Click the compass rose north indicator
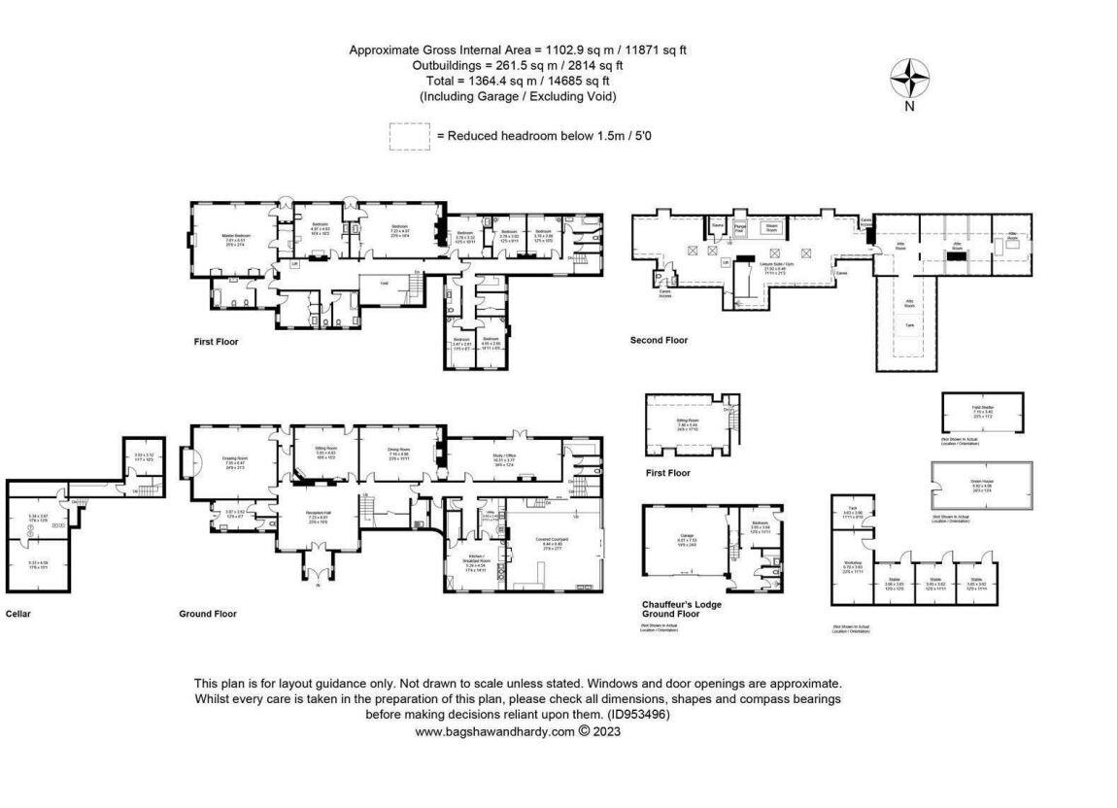click(x=909, y=79)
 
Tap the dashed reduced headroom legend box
click(x=409, y=136)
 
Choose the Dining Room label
click(x=399, y=450)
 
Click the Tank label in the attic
click(x=909, y=324)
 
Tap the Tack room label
click(x=852, y=510)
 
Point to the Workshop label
click(x=853, y=563)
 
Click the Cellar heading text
click(x=18, y=614)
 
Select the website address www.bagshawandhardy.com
click(x=495, y=732)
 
